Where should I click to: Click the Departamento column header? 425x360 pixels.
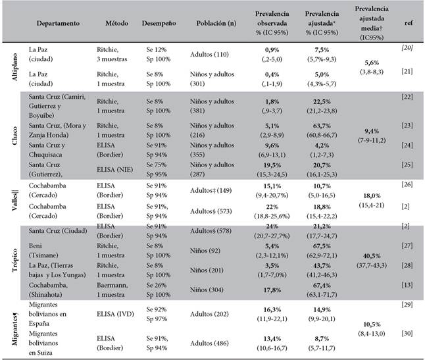[x=58, y=23]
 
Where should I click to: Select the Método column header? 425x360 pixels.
[x=117, y=23]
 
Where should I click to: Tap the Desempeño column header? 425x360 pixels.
[x=159, y=24]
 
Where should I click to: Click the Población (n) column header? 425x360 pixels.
[x=216, y=24]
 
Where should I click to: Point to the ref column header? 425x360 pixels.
[x=409, y=23]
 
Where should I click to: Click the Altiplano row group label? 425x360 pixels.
[x=14, y=67]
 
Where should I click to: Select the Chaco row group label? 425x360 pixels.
[x=14, y=136]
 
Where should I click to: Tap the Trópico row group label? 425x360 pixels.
[x=14, y=260]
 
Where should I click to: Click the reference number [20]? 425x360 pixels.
[x=407, y=48]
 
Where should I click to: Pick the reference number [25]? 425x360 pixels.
[x=407, y=165]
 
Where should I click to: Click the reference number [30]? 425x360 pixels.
[x=407, y=334]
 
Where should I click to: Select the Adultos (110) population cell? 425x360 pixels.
[x=209, y=55]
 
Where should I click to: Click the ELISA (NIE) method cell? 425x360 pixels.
[x=115, y=170]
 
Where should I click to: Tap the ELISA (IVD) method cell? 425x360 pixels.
[x=116, y=314]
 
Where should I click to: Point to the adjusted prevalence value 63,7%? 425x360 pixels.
[x=322, y=126]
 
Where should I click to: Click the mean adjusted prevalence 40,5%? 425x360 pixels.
[x=372, y=255]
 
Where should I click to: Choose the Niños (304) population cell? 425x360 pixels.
[x=207, y=290]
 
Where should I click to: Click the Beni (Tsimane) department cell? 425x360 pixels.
[x=43, y=251]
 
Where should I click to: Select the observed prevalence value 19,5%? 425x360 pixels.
[x=272, y=165]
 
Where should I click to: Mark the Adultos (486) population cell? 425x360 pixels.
[x=209, y=344]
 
